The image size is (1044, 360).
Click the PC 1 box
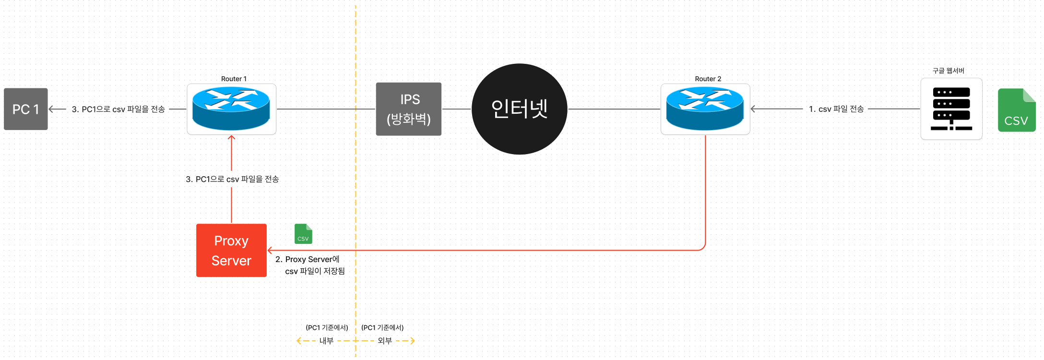click(26, 109)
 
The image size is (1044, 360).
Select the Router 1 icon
click(231, 109)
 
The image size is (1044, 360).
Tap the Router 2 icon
click(705, 109)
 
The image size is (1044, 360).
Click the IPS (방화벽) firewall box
click(409, 109)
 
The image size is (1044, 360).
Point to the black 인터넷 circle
click(520, 109)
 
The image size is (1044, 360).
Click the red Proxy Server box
click(231, 250)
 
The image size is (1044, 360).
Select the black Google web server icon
click(951, 109)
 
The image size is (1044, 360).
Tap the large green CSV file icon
click(1016, 110)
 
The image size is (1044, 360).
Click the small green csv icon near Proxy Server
click(303, 234)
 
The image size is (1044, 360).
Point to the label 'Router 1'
click(234, 79)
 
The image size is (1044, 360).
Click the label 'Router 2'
click(708, 79)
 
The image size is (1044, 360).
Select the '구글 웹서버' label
click(948, 71)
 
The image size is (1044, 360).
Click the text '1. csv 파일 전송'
click(836, 109)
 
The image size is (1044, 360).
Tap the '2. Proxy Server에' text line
click(308, 259)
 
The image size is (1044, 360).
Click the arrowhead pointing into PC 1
click(51, 109)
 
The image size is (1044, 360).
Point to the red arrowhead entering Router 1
click(231, 138)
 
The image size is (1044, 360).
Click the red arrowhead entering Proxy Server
click(270, 250)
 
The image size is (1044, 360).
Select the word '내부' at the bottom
click(326, 341)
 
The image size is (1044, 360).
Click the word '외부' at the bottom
click(385, 341)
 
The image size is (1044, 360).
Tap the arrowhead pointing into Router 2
click(753, 109)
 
